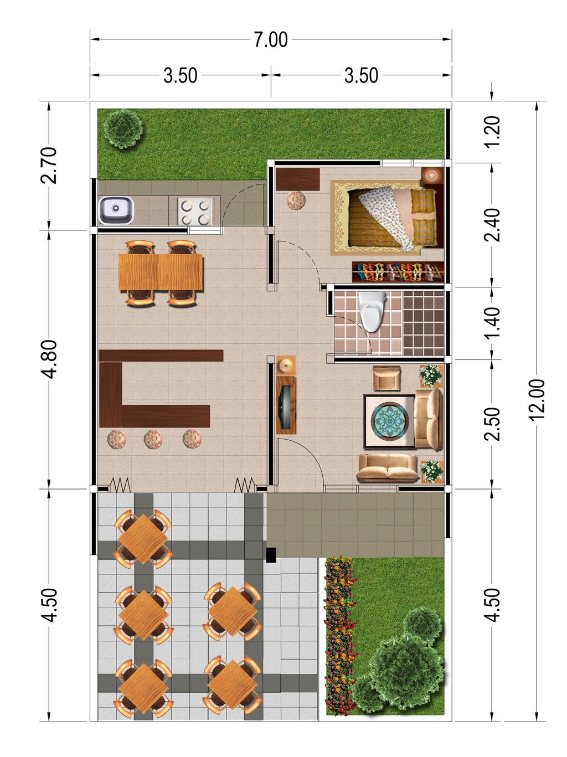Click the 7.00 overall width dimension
point(271,40)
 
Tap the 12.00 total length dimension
point(537,399)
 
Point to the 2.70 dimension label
point(49,165)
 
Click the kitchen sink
point(116,210)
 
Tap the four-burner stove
point(195,211)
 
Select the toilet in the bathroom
point(372,311)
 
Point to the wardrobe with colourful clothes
point(398,272)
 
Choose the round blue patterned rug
point(389,421)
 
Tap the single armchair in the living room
point(386,378)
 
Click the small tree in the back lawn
point(123,128)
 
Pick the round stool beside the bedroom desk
point(296,200)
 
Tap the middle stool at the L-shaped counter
point(153,439)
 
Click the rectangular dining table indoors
point(161,272)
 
